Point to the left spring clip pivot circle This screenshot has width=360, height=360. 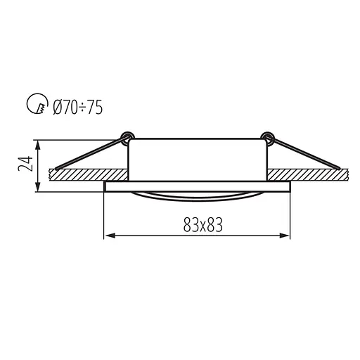point(127,135)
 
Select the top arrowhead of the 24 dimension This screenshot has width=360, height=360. point(37,143)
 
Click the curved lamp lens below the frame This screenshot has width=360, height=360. point(197,195)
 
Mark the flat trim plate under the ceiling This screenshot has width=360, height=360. point(197,186)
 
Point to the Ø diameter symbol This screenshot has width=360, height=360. point(56,107)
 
